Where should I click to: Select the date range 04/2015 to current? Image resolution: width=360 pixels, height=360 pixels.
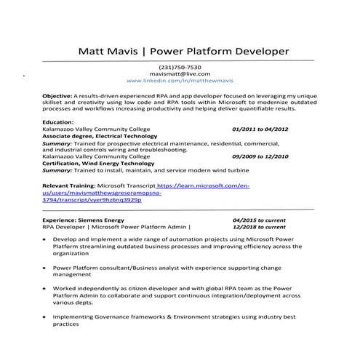(x=259, y=219)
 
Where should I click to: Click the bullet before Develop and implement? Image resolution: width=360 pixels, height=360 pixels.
(x=45, y=239)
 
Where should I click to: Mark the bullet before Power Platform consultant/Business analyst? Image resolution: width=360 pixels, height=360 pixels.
(x=45, y=268)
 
